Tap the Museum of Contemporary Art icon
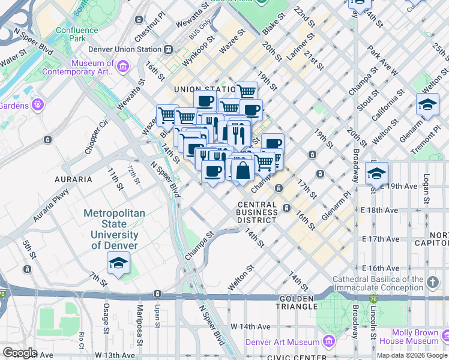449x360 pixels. (123, 66)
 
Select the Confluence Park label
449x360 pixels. (77, 34)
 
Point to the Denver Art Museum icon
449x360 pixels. (328, 342)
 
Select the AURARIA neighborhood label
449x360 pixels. (74, 179)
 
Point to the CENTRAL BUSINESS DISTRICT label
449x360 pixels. (257, 212)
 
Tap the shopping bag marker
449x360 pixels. (243, 170)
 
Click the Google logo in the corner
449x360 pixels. (20, 352)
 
